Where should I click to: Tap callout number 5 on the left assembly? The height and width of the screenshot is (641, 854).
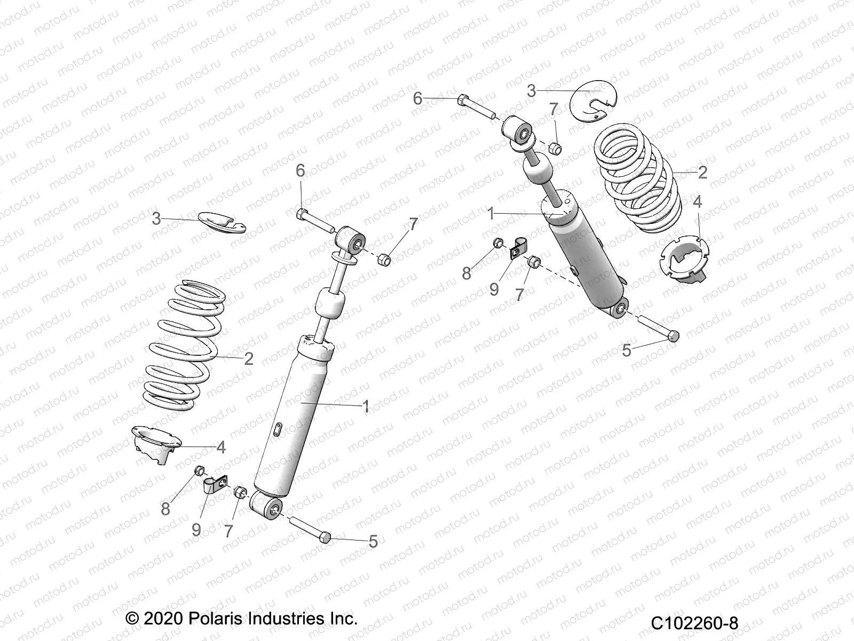click(x=373, y=542)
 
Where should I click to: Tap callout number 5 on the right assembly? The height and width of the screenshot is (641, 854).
click(x=627, y=350)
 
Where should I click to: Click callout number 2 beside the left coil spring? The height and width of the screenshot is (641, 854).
click(x=248, y=358)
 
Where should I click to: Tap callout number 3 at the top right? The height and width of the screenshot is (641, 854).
click(x=531, y=91)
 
